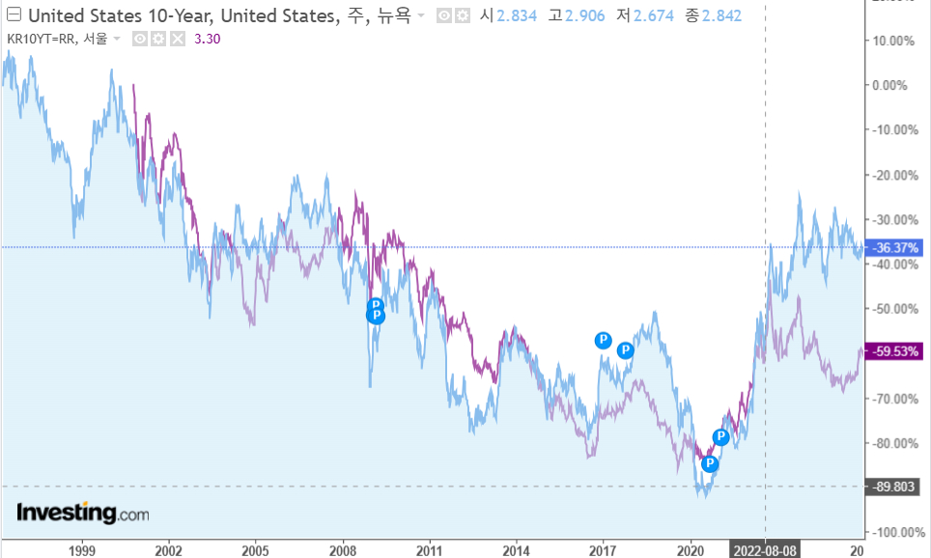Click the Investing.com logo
pos(83,514)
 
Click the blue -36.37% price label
pos(894,247)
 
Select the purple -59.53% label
pos(894,351)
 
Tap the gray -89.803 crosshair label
pos(894,487)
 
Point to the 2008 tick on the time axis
pos(343,550)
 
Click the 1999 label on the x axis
pos(82,550)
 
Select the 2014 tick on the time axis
pos(517,550)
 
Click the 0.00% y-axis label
pos(889,85)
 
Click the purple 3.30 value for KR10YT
pos(208,39)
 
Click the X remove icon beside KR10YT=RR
pos(178,39)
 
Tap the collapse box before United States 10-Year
pos(13,15)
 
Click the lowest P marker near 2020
pos(710,464)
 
